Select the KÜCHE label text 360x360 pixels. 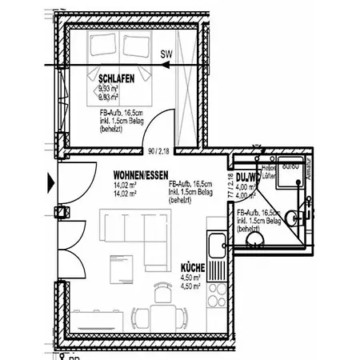[193, 269]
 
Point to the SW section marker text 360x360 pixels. [166, 54]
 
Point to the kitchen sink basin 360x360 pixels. [215, 245]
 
